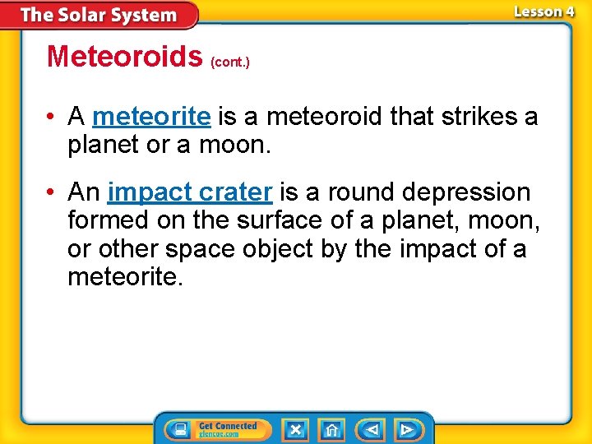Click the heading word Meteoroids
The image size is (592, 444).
(124, 56)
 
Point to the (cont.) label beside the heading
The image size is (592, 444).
(230, 62)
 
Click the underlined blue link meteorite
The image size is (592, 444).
(151, 117)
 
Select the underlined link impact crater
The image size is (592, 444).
(189, 192)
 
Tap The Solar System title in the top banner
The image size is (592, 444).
(99, 15)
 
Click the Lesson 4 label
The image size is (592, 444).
(543, 12)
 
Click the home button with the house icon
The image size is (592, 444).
(331, 429)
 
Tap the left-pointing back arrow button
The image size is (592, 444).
(372, 429)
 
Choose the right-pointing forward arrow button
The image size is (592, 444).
(406, 429)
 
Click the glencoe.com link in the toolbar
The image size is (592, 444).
(219, 434)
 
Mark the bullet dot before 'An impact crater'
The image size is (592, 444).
(51, 192)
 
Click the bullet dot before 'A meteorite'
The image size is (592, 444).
(51, 117)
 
